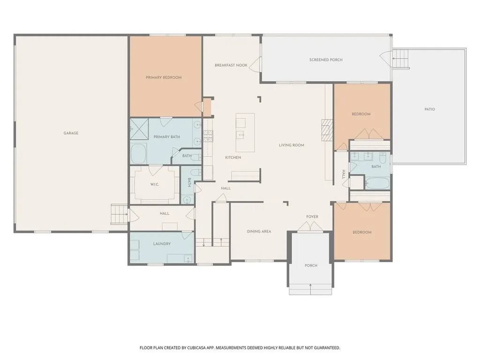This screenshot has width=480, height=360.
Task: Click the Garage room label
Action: click(x=71, y=133)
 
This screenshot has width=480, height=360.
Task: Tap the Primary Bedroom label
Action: click(x=164, y=77)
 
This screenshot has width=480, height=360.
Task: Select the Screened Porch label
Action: click(x=326, y=60)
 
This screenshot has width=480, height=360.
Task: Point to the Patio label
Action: click(x=429, y=109)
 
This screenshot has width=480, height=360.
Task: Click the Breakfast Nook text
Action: click(x=231, y=65)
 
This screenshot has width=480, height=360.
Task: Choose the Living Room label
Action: click(x=292, y=145)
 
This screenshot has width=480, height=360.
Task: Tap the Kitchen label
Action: click(x=233, y=157)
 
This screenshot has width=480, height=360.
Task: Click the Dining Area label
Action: click(x=259, y=232)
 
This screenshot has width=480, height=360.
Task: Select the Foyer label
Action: click(x=312, y=217)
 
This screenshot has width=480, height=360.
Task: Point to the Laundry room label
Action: click(x=162, y=244)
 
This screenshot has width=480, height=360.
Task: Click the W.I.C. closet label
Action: click(x=155, y=184)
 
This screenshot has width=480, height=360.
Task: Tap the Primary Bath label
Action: click(x=167, y=137)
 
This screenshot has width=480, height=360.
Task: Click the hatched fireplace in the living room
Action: click(x=327, y=130)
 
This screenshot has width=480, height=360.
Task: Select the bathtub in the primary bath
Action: click(x=139, y=154)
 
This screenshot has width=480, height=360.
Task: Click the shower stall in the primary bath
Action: click(x=139, y=129)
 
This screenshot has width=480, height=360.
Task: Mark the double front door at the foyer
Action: click(x=310, y=227)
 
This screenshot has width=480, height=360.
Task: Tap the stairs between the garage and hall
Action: click(x=119, y=214)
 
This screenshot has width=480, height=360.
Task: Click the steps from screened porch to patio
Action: click(x=401, y=59)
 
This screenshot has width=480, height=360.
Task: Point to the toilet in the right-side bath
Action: click(x=382, y=158)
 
